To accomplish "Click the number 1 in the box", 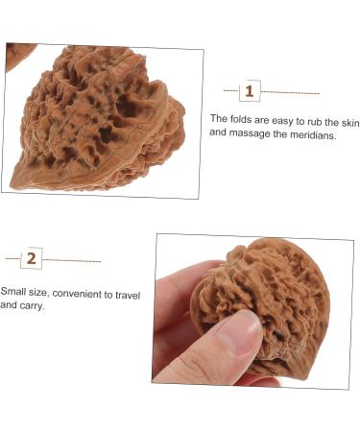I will (250, 91).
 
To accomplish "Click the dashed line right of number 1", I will (290, 92).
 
